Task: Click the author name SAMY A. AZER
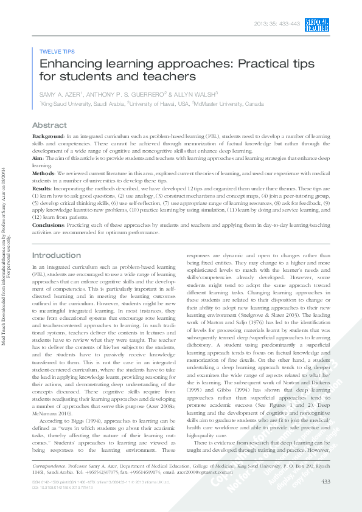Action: tap(60, 94)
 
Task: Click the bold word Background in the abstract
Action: tap(47, 136)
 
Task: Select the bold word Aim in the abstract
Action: tap(37, 158)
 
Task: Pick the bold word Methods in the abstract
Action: tap(44, 173)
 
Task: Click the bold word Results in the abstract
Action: tap(41, 189)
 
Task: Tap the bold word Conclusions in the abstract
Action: tap(47, 225)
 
